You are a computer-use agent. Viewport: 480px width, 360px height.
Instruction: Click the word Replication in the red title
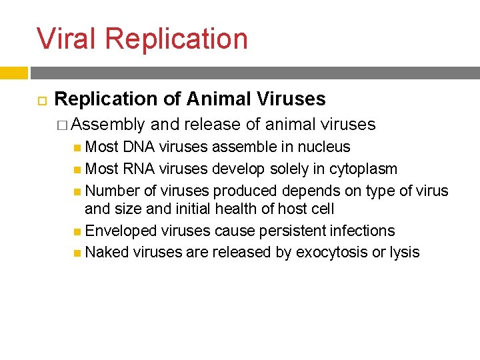[x=176, y=39]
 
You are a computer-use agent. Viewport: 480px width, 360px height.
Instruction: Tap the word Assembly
[x=108, y=124]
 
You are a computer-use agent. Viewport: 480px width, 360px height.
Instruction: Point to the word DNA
[x=139, y=147]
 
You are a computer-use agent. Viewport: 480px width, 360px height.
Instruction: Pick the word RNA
[x=139, y=169]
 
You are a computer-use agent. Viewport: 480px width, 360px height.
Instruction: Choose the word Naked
[x=107, y=252]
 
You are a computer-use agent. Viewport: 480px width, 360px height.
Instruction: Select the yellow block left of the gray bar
[x=13, y=73]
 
